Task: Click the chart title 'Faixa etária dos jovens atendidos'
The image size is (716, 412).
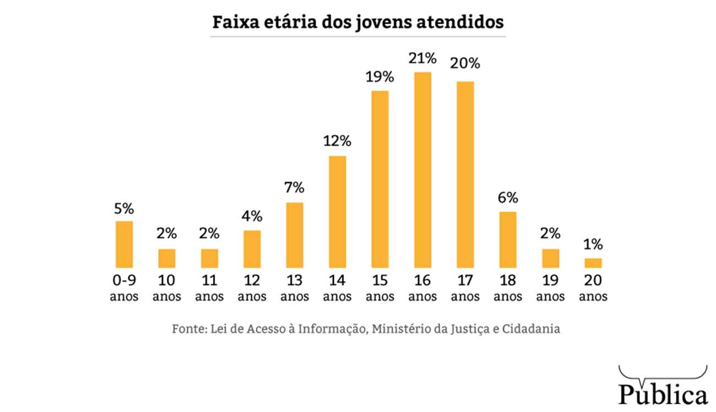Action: coord(358,23)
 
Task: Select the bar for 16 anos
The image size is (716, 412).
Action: coord(422,170)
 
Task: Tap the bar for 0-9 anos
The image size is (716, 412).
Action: coord(124,244)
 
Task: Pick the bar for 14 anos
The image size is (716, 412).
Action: coord(337,212)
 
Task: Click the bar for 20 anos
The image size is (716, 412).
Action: coord(593,263)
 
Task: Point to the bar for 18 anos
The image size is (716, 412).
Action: coord(508,239)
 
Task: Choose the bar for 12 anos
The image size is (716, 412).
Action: coord(252,249)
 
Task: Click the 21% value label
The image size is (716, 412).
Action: coord(422,58)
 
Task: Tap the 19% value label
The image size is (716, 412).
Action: coord(380,77)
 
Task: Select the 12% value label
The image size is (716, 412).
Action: coord(337,142)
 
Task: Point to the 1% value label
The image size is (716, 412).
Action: coord(593,244)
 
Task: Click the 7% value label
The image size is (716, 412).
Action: coord(295,188)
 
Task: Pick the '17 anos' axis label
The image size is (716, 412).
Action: coord(465,288)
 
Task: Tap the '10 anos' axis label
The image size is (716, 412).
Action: coord(166,288)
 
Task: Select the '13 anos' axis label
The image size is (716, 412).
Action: coord(295,288)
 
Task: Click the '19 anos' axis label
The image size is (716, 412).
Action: coord(551,288)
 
